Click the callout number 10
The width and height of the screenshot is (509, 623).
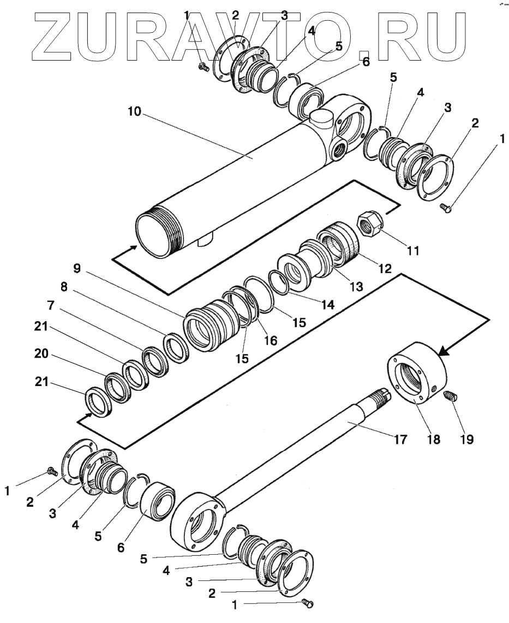click(x=135, y=112)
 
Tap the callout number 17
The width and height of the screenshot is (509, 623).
click(x=400, y=438)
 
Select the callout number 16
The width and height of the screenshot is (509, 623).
click(x=271, y=340)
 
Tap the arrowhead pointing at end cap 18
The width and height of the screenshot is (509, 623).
click(x=442, y=352)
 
